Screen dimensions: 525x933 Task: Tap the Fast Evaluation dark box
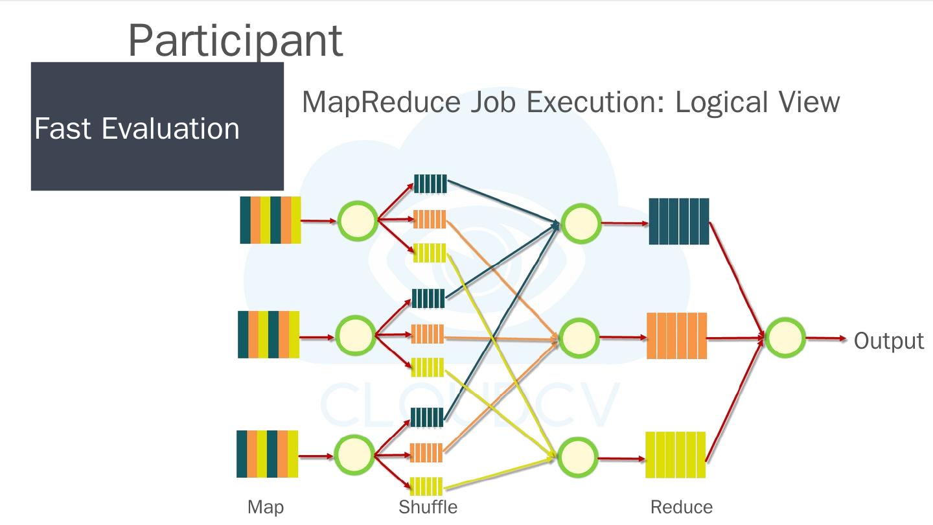pyautogui.click(x=157, y=126)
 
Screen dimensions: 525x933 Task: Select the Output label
pyautogui.click(x=888, y=341)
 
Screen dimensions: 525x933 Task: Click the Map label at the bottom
pyautogui.click(x=266, y=507)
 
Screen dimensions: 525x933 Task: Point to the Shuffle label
pyautogui.click(x=428, y=507)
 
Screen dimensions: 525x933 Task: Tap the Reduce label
pyautogui.click(x=681, y=507)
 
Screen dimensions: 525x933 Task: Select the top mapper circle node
pyautogui.click(x=358, y=221)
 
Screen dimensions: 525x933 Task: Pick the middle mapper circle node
pyautogui.click(x=355, y=336)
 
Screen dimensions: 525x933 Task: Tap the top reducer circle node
pyautogui.click(x=581, y=223)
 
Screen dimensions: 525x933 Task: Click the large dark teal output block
pyautogui.click(x=679, y=222)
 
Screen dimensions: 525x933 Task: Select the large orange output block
pyautogui.click(x=676, y=336)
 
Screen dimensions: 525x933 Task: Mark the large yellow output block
pyautogui.click(x=675, y=455)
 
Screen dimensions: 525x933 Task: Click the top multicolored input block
pyautogui.click(x=270, y=220)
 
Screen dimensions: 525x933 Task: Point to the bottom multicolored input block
pyautogui.click(x=267, y=454)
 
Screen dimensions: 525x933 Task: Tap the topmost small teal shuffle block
pyautogui.click(x=430, y=184)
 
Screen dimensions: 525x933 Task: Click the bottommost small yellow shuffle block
pyautogui.click(x=426, y=486)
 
